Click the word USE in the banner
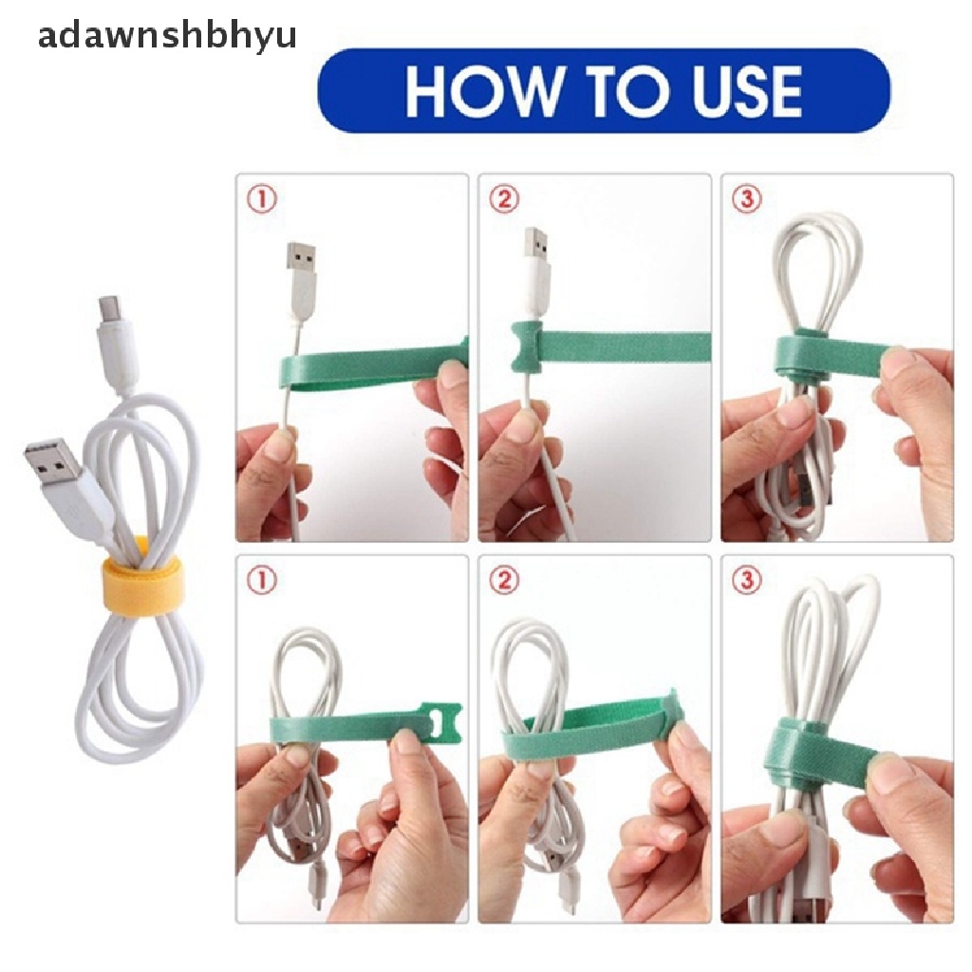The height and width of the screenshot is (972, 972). [733, 91]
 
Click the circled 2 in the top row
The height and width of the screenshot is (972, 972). [504, 200]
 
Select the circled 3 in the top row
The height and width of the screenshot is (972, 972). [748, 200]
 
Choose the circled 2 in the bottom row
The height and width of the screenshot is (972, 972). [504, 582]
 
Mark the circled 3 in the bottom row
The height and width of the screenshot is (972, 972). [748, 582]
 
